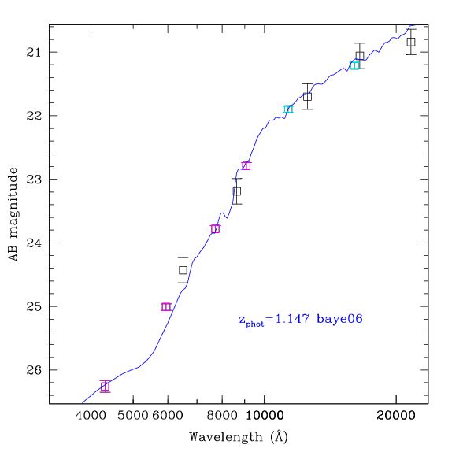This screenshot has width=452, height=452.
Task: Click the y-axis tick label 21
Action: tap(34, 53)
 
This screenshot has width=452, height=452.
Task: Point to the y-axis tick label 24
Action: tap(34, 243)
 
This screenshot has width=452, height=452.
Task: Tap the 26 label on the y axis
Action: tap(34, 370)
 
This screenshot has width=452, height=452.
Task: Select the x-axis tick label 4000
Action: tap(91, 416)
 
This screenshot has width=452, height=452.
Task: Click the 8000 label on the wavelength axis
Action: tap(222, 416)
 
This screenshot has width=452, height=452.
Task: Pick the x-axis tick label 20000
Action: tap(396, 416)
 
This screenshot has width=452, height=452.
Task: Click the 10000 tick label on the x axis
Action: tap(265, 416)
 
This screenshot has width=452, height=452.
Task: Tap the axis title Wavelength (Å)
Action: tap(239, 436)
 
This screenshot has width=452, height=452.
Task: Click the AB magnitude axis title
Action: tap(13, 214)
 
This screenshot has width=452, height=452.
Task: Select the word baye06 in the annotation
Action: tap(339, 319)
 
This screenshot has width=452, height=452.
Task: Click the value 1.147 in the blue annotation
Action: tap(293, 319)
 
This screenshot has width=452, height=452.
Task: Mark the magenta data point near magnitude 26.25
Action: tap(106, 387)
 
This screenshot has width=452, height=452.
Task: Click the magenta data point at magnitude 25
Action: tap(166, 307)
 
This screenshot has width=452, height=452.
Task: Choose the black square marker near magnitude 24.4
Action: tap(183, 270)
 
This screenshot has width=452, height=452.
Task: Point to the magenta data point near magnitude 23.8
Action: tap(215, 229)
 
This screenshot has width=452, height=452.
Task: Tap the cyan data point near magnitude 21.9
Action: tap(288, 109)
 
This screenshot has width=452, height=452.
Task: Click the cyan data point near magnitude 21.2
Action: tap(354, 65)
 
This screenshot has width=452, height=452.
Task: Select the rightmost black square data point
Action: tap(411, 42)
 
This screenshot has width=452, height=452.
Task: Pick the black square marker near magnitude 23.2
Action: tap(237, 191)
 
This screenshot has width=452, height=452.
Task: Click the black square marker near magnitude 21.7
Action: tap(308, 97)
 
